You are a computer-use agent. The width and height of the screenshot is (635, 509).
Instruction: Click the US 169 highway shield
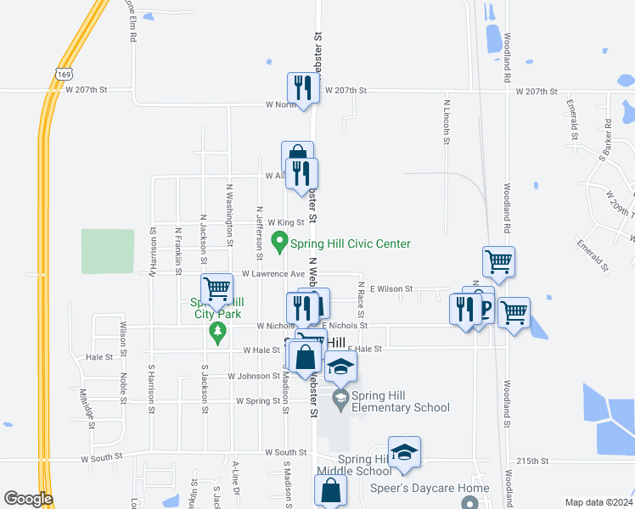tap(65, 75)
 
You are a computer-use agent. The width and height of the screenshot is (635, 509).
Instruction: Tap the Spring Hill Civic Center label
tap(351, 243)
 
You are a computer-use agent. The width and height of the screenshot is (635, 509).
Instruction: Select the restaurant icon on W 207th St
tap(301, 87)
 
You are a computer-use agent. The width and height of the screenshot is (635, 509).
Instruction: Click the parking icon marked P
tap(485, 308)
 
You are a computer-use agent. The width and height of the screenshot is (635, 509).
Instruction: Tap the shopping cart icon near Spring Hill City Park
tap(217, 288)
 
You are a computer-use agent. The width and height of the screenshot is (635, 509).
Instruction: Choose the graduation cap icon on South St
tap(405, 450)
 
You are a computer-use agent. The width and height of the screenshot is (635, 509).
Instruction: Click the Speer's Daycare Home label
tap(430, 488)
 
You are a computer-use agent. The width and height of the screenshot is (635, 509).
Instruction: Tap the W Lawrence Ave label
tap(273, 274)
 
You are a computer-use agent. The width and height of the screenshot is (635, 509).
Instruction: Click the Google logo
tap(28, 499)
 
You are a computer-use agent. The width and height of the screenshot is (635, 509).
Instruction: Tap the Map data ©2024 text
tap(598, 502)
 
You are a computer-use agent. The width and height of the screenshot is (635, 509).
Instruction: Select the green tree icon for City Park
tap(217, 329)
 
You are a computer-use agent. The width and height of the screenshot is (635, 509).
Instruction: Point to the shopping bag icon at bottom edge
tap(330, 489)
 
